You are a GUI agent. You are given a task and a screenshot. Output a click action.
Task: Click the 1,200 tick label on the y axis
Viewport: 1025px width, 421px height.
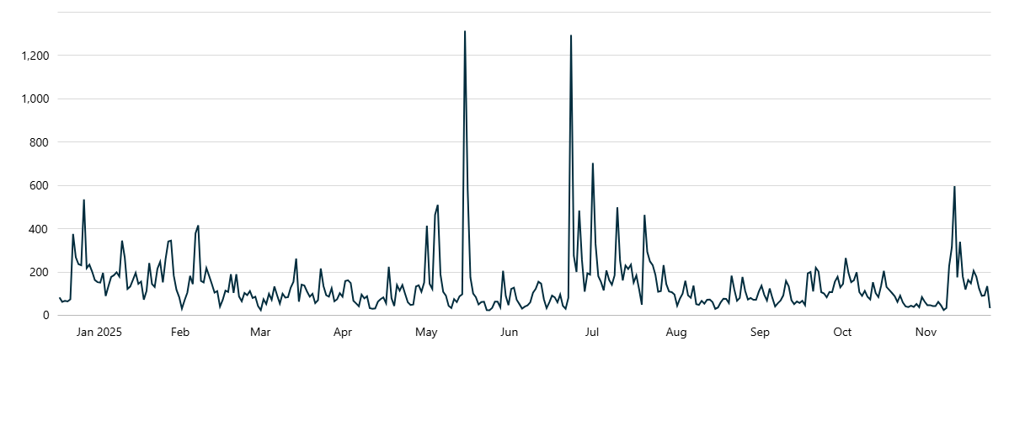[35, 56]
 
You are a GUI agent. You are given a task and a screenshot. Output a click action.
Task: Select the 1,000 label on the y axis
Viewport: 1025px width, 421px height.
[35, 99]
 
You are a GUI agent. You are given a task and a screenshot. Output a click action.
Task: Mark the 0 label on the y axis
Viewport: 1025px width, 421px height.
[47, 315]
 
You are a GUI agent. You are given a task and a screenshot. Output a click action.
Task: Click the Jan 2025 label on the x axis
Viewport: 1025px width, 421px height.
[99, 333]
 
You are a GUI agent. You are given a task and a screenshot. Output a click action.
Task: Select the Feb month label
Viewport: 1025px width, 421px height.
[180, 333]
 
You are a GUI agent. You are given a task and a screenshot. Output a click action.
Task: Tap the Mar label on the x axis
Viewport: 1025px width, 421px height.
[260, 333]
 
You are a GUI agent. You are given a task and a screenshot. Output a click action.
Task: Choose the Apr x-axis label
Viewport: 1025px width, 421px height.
[343, 333]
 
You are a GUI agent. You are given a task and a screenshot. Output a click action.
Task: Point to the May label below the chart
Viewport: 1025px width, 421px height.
[426, 333]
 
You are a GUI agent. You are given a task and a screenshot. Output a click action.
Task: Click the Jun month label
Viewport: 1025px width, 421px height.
[509, 333]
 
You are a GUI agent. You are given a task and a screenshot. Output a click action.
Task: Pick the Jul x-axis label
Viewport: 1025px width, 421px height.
[592, 333]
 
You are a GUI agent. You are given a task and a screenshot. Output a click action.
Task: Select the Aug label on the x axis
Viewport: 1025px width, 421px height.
[676, 333]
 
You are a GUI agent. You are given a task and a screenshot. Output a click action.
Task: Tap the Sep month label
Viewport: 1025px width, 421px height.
[760, 333]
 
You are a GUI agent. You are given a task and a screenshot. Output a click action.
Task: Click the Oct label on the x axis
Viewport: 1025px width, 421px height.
[842, 333]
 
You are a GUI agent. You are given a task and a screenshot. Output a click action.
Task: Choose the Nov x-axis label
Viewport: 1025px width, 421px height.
[926, 333]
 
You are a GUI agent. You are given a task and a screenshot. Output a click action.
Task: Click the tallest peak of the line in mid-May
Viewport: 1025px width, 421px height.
[465, 32]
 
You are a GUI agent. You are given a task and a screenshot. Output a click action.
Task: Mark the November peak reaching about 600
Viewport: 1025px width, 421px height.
[954, 187]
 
